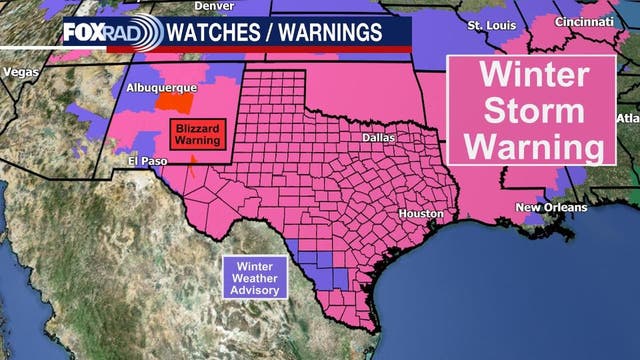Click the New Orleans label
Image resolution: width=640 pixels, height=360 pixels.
547,207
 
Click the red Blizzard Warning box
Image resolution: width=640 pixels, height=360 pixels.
196,135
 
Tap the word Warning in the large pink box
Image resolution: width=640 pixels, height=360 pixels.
529,145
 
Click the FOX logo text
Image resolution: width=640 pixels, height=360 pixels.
83,33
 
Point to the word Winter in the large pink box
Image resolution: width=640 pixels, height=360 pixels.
529,76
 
